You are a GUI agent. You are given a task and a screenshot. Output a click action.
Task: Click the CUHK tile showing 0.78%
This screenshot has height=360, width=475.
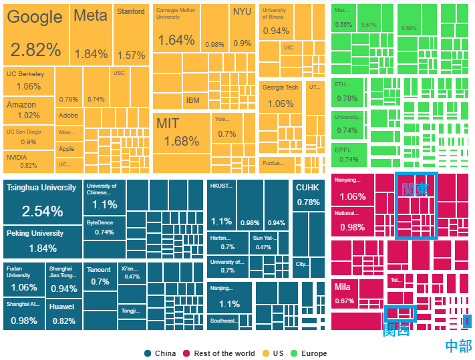[x=308, y=194]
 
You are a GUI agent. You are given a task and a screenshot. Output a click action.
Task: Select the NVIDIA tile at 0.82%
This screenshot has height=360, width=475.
[x=28, y=161]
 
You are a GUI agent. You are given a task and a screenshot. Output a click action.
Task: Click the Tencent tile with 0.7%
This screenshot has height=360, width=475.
[x=100, y=276]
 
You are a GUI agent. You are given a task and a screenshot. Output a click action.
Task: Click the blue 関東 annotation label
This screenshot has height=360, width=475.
[x=416, y=188]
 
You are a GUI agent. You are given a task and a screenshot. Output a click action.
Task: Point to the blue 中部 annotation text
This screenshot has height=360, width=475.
[x=458, y=345]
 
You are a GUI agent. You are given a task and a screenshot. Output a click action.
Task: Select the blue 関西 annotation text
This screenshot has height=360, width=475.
[x=395, y=331]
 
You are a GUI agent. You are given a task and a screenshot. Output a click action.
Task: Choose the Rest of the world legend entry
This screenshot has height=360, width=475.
[x=224, y=353]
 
